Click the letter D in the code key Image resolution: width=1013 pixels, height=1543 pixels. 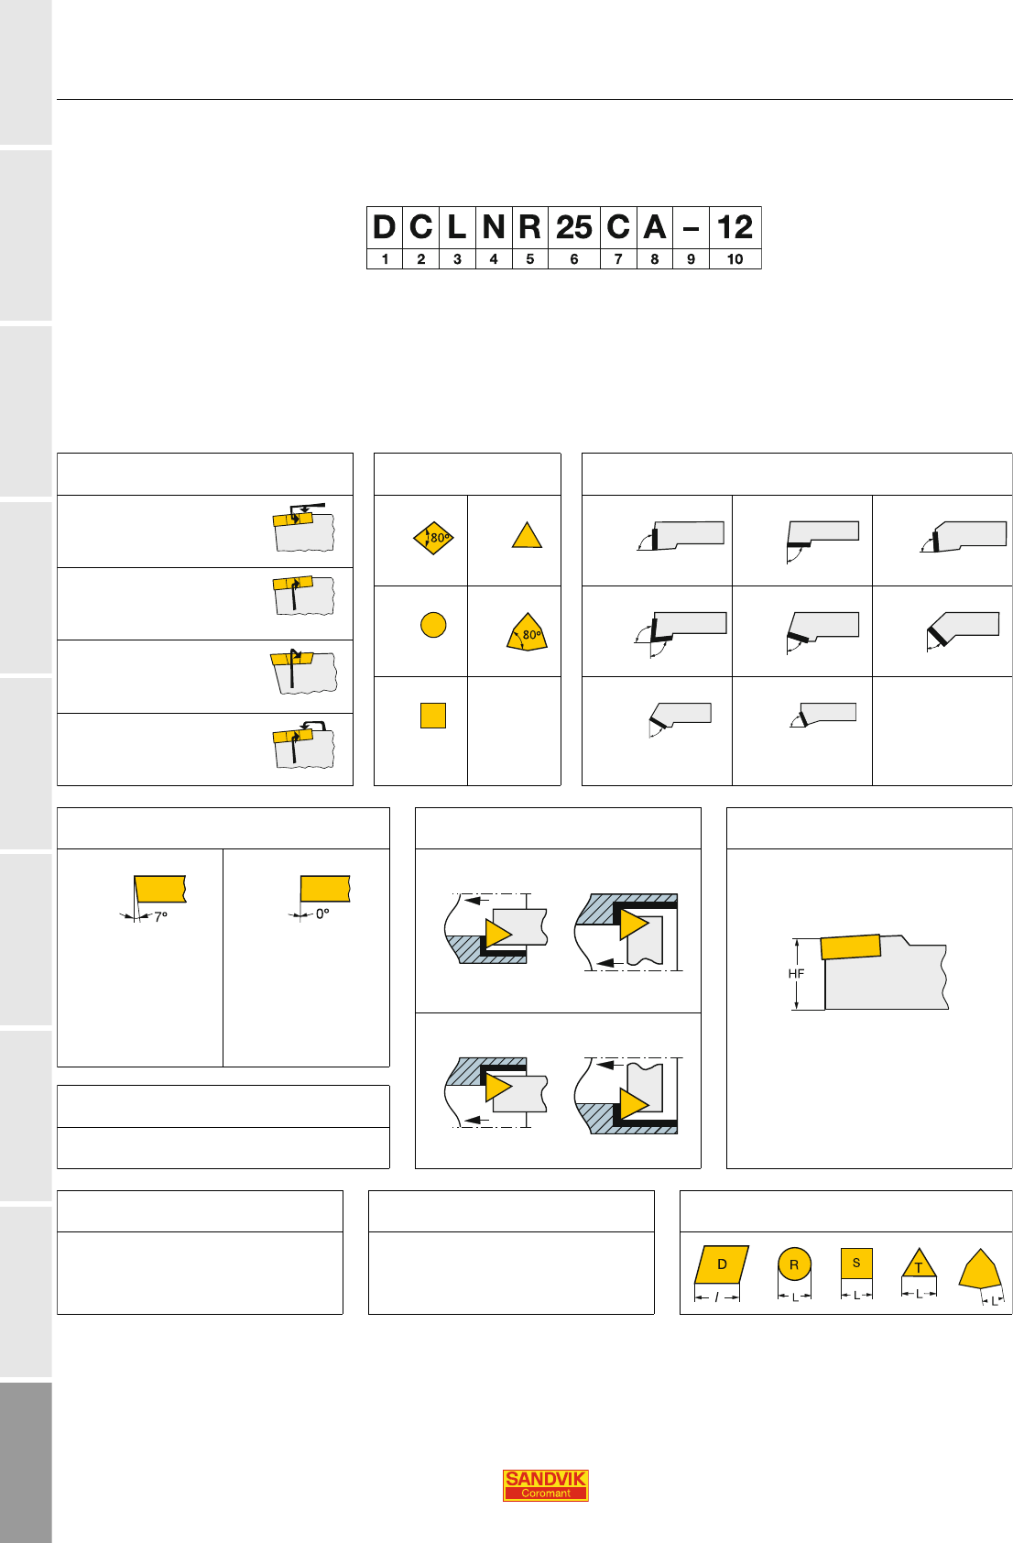385,227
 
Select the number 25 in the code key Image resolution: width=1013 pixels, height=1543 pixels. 574,227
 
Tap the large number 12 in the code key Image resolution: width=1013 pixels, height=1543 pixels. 735,227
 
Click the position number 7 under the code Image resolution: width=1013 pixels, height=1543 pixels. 618,259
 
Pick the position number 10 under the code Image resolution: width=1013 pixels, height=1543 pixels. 735,259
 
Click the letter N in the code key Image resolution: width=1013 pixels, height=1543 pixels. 494,227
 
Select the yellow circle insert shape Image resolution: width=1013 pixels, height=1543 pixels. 433,625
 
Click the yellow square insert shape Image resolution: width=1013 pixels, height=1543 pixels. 433,716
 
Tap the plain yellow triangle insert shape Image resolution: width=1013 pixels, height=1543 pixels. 527,535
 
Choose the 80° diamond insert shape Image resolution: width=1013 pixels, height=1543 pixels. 433,537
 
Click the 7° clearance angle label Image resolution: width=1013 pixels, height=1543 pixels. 160,917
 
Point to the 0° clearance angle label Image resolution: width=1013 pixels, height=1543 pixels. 322,914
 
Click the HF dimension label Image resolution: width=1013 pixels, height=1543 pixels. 796,973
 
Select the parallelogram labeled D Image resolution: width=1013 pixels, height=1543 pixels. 722,1264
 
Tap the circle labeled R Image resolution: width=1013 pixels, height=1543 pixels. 794,1264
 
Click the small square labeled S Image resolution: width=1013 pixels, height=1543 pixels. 856,1263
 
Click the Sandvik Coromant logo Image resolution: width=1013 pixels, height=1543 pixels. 545,1485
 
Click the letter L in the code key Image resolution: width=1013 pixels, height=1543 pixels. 457,227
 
